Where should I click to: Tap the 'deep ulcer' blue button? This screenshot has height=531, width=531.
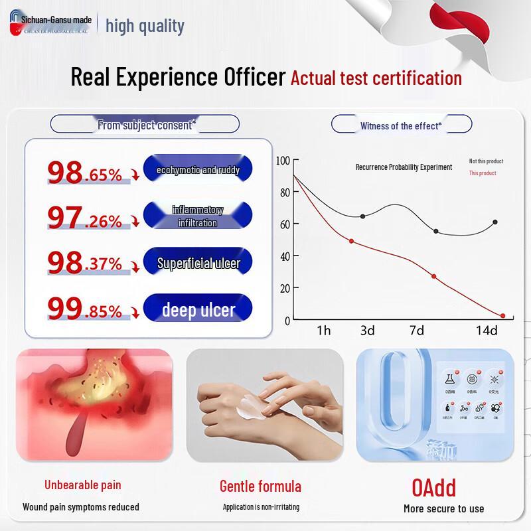pos(198,309)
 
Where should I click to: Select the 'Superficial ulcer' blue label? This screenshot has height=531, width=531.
pos(198,263)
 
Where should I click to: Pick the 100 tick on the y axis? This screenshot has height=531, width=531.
pos(283,161)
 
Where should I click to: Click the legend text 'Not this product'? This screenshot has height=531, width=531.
pos(486,161)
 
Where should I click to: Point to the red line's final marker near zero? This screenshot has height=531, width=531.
pos(502,316)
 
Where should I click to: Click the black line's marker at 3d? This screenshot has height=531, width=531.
pos(362,216)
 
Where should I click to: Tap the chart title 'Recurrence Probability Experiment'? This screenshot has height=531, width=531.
pos(404,167)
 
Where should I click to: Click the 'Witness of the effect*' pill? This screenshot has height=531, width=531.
pos(401,125)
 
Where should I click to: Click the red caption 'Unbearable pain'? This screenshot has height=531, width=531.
pos(83,485)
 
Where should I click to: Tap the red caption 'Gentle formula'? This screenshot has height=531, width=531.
pos(260,486)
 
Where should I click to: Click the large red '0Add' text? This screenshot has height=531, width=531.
pos(433,488)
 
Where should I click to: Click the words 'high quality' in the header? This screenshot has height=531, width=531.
pos(145,26)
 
